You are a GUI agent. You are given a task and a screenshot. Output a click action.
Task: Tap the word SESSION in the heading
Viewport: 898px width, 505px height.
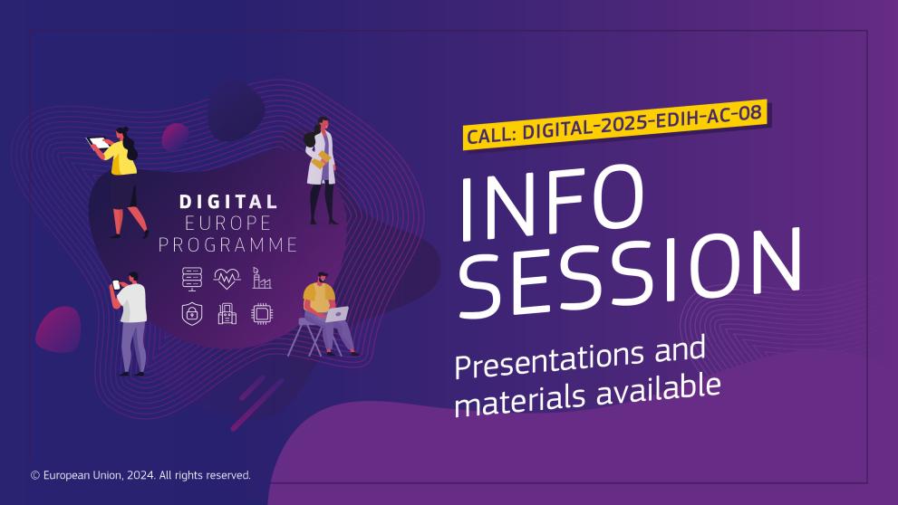[x=630, y=272]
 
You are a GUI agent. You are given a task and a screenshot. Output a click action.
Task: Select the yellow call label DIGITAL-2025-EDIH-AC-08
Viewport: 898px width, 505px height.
[x=614, y=125]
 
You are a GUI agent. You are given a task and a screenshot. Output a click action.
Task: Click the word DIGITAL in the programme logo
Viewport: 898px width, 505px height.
[x=228, y=202]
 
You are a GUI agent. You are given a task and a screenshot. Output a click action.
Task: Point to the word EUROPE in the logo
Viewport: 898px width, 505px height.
[x=228, y=223]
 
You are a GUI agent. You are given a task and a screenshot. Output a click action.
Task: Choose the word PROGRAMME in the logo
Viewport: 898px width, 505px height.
[x=228, y=244]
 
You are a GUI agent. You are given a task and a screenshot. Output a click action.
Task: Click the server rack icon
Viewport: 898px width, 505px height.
[x=192, y=279]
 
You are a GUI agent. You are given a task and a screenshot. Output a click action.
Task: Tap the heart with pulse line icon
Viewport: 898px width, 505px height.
[x=227, y=279]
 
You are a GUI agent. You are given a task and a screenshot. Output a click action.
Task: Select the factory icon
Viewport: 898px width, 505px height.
[x=261, y=278]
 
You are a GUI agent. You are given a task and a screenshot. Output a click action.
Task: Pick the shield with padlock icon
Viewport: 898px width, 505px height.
[x=192, y=313]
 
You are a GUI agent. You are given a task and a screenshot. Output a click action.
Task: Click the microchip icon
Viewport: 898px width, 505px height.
[x=262, y=313]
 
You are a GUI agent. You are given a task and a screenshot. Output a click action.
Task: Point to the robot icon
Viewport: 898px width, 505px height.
[x=227, y=313]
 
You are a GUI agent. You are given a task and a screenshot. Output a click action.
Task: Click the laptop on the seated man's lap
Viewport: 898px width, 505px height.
[x=337, y=314]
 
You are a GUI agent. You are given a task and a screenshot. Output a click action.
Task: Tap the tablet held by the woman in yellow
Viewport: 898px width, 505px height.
[x=98, y=143]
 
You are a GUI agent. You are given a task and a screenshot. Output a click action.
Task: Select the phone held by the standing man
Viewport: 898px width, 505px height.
[x=116, y=284]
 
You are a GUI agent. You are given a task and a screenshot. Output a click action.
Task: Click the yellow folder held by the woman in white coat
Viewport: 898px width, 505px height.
[x=321, y=159]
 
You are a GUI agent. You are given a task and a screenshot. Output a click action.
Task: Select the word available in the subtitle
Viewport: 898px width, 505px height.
[x=658, y=389]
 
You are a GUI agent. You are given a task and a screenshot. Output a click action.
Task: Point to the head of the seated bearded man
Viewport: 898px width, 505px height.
[x=322, y=278]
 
